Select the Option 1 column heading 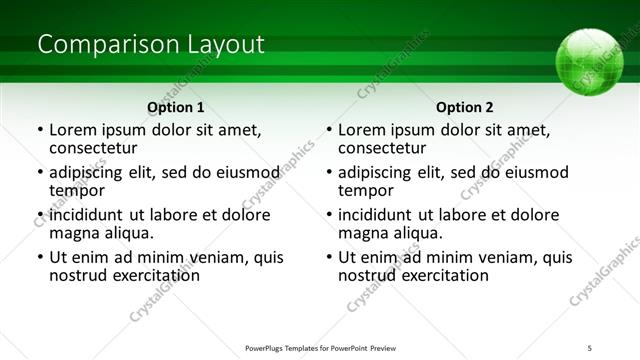176,107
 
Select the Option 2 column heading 465,107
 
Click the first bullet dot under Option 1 40,130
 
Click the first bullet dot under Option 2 329,130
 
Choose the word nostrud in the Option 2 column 367,275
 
